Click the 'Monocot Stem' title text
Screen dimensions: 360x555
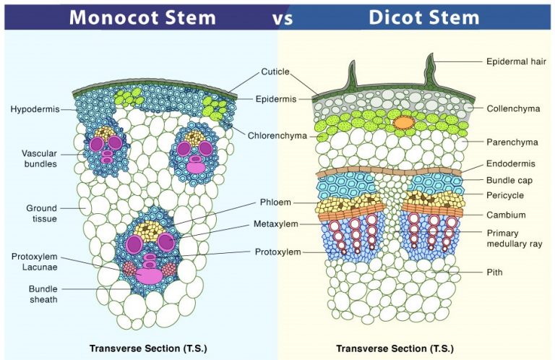click(143, 17)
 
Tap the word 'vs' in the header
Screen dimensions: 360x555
click(282, 17)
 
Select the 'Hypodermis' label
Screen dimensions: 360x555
click(33, 110)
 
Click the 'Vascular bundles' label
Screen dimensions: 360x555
click(39, 158)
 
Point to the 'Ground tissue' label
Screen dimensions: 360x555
click(41, 213)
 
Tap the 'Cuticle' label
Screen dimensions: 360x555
click(275, 72)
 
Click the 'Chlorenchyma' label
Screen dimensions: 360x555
click(277, 135)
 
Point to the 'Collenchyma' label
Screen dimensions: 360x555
click(513, 108)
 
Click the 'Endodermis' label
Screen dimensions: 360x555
click(511, 164)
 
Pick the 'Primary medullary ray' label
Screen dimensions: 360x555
click(514, 238)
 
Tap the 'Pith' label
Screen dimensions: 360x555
click(494, 273)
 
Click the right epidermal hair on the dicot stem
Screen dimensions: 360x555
click(431, 69)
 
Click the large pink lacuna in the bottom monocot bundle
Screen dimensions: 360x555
click(149, 275)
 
